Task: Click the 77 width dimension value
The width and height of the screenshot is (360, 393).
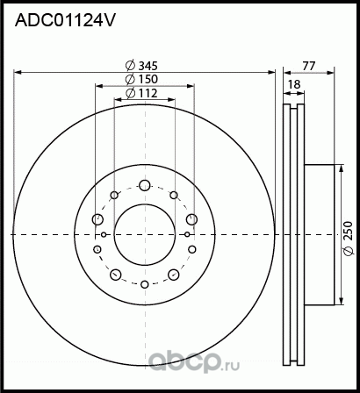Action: coord(309,64)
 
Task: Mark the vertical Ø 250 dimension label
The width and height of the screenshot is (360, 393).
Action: coord(349,234)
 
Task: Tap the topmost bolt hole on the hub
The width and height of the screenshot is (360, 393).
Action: coord(145,185)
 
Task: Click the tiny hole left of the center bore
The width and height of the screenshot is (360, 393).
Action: coord(104,234)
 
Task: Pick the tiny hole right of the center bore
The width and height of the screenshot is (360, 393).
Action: coord(187,234)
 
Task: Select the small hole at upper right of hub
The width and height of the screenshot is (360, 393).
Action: coord(174,195)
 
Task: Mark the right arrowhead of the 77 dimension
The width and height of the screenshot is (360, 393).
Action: coord(336,71)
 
